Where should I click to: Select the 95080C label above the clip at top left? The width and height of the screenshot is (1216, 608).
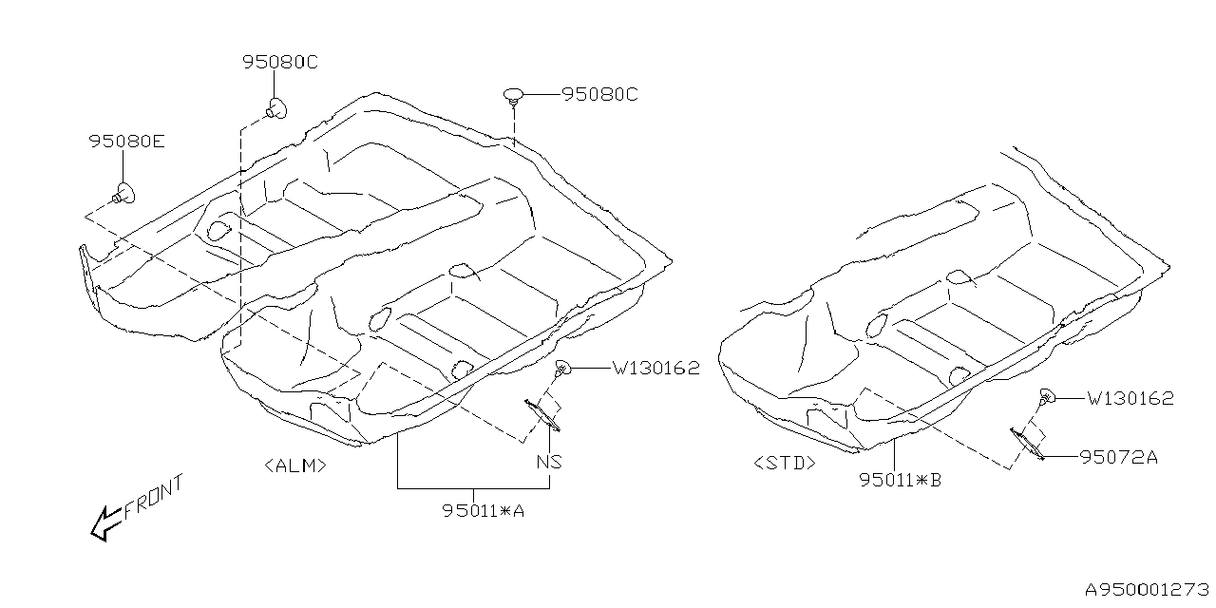click(279, 63)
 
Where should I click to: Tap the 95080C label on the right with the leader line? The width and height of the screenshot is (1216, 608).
click(599, 95)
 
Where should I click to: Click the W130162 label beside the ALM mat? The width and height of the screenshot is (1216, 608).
click(655, 369)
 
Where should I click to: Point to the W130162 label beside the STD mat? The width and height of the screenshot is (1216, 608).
click(1130, 399)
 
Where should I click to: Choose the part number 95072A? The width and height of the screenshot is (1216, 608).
click(1118, 457)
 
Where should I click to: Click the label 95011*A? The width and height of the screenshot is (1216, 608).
click(484, 511)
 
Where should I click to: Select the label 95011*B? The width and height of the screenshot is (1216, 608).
click(901, 480)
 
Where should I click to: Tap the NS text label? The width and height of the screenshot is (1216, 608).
click(549, 463)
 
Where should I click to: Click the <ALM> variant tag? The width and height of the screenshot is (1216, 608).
click(296, 465)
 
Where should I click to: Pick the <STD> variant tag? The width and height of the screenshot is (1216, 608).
click(785, 464)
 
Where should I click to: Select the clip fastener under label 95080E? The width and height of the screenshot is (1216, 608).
click(123, 192)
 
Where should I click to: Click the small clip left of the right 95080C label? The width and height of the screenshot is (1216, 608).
click(513, 95)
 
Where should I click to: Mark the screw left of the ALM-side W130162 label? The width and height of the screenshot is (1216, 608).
click(562, 369)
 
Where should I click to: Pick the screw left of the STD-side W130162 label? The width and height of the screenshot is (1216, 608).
click(1047, 398)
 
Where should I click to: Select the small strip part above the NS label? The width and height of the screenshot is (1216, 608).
click(541, 415)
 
